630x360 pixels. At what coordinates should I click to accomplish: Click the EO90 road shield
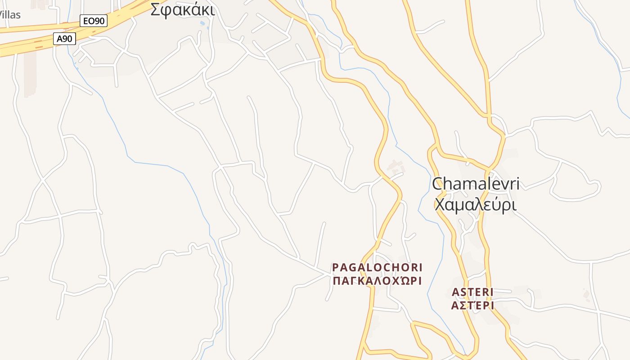click(x=94, y=20)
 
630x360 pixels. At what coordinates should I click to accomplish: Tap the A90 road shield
click(x=65, y=39)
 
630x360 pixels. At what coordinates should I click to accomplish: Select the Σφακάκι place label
click(x=182, y=10)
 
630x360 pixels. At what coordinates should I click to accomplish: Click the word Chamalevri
click(x=476, y=184)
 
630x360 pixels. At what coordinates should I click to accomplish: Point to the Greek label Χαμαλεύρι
click(x=475, y=205)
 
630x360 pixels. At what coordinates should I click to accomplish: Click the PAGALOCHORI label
click(x=378, y=267)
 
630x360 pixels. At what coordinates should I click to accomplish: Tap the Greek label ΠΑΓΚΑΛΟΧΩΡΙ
click(x=377, y=281)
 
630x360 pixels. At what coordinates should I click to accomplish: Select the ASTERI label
click(x=472, y=292)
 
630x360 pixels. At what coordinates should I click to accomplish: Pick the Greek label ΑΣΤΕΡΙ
click(x=472, y=306)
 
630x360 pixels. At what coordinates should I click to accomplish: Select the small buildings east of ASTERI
click(x=586, y=295)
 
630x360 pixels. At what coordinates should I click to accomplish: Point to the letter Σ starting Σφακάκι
click(x=155, y=10)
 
